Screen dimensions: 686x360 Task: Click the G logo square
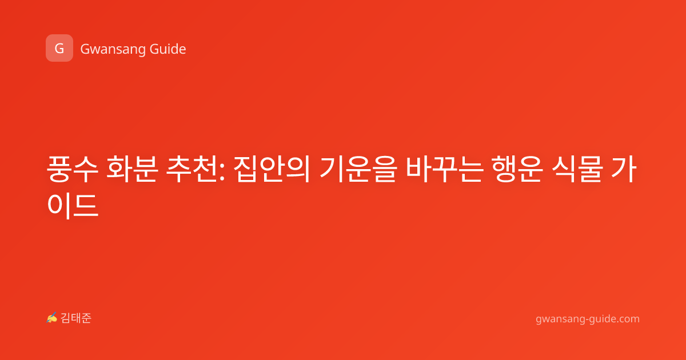click(x=59, y=48)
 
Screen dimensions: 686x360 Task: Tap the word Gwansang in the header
click(x=113, y=49)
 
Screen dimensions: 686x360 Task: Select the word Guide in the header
click(x=168, y=49)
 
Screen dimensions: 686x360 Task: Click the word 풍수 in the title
click(x=72, y=169)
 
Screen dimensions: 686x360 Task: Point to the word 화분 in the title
click(x=132, y=169)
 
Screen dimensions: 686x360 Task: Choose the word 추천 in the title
click(x=192, y=169)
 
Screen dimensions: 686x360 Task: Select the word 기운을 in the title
click(x=358, y=169)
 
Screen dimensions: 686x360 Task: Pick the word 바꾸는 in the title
click(x=445, y=169)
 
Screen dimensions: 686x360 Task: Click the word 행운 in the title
click(x=517, y=169)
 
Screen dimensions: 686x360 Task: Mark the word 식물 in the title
click(x=577, y=169)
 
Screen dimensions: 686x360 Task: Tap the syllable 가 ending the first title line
click(x=624, y=169)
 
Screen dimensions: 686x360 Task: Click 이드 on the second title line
click(x=73, y=205)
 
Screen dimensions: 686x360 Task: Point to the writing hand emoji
click(x=52, y=318)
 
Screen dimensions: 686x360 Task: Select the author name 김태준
click(x=76, y=318)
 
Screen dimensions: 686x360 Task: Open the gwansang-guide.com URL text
click(x=588, y=319)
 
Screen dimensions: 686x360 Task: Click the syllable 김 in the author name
click(x=66, y=318)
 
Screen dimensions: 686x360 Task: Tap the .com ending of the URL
click(x=627, y=319)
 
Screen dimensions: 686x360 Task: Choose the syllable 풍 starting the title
click(x=59, y=169)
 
